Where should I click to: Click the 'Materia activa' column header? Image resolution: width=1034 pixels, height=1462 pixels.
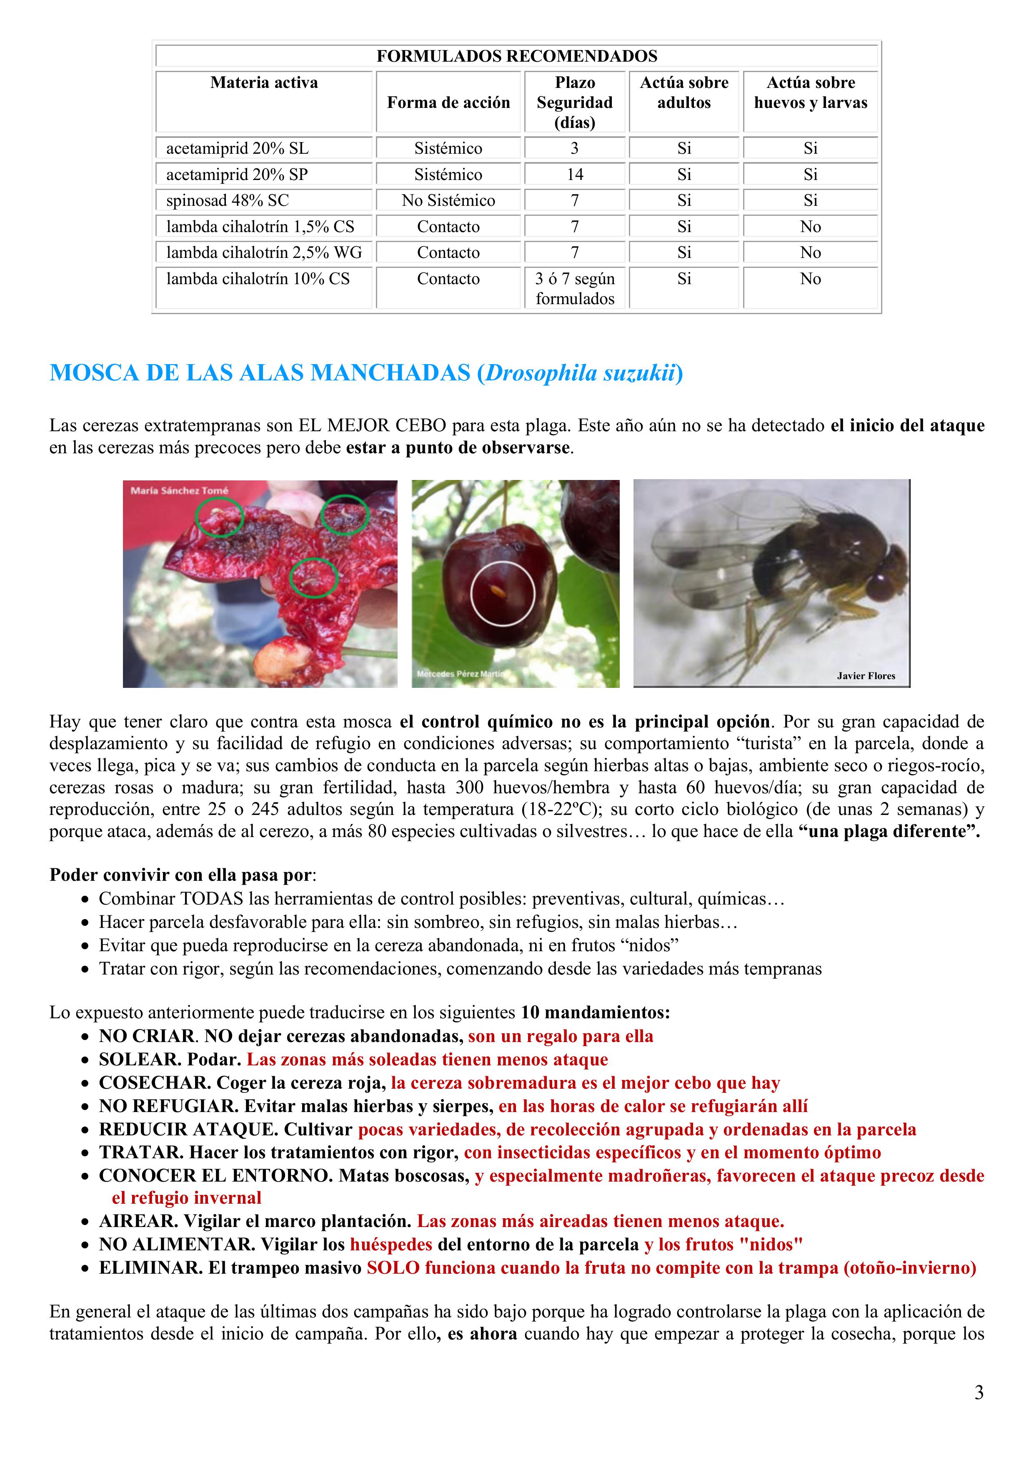(264, 83)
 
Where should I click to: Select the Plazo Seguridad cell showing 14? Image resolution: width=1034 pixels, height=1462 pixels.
(575, 175)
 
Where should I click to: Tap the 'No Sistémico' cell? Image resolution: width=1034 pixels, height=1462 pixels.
(448, 200)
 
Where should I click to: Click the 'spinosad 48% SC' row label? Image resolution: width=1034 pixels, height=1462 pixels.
(228, 200)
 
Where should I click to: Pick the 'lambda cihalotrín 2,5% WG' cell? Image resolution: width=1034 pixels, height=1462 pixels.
(264, 253)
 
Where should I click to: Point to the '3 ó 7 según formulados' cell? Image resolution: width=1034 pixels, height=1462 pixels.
(575, 288)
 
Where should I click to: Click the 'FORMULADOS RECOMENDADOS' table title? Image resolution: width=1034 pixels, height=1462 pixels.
(517, 56)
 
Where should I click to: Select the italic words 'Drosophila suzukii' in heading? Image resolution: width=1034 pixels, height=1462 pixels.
(580, 373)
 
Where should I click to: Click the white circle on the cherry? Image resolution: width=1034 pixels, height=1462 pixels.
(503, 593)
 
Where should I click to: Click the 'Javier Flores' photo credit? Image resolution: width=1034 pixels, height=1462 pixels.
(866, 676)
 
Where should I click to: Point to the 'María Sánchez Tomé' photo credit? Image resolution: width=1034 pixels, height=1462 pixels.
(179, 490)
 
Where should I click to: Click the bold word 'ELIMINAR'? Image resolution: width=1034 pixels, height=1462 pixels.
(150, 1268)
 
